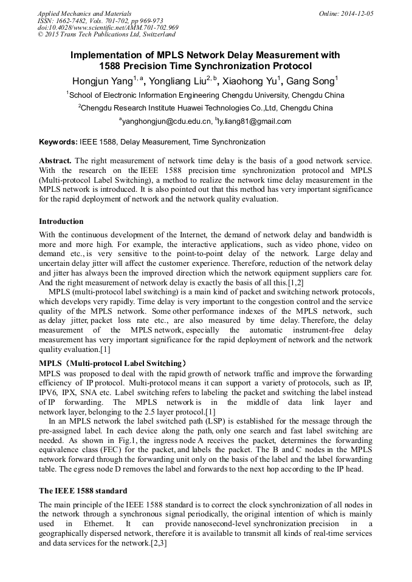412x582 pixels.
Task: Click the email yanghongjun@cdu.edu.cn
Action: click(165, 121)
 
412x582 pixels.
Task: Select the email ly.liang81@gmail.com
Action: click(254, 121)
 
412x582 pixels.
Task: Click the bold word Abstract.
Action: click(55, 161)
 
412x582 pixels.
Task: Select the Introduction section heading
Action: click(61, 222)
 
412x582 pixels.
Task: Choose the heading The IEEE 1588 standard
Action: click(83, 490)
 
